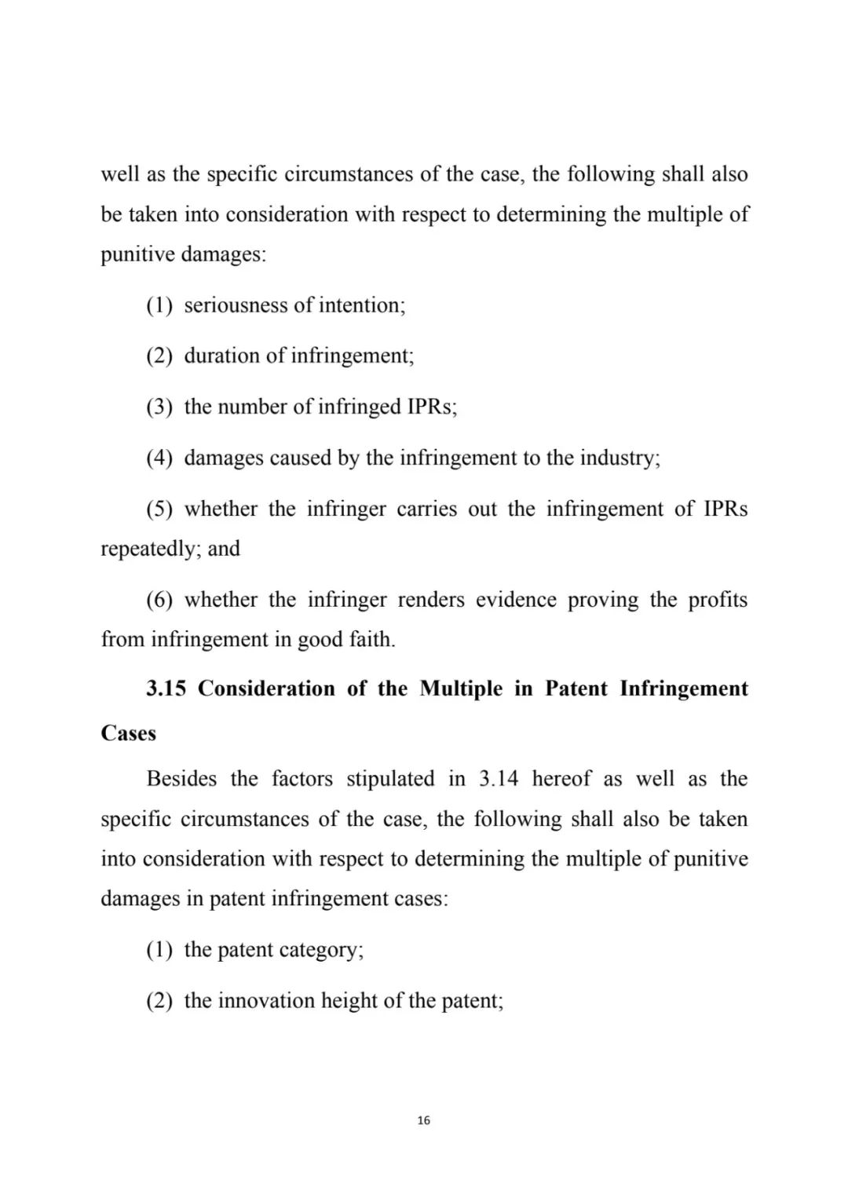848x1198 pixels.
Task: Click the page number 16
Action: click(424, 1120)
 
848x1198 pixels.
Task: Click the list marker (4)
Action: click(159, 458)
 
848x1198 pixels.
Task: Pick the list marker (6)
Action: click(159, 600)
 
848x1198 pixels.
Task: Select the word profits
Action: click(718, 600)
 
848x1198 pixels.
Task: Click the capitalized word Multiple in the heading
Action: click(461, 688)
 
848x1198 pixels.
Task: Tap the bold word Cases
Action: click(129, 733)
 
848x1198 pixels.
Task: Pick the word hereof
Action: click(561, 779)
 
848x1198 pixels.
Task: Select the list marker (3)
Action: click(159, 407)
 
